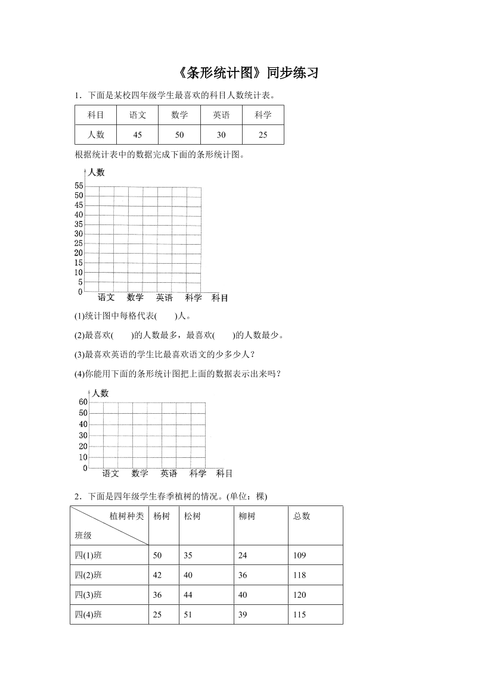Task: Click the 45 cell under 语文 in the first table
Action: [x=138, y=135]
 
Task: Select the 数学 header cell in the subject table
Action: [x=179, y=115]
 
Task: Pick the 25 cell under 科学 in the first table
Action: [x=263, y=135]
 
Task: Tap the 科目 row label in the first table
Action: [x=96, y=115]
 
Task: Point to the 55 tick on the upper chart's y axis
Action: [x=79, y=186]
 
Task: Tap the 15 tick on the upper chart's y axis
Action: [x=79, y=263]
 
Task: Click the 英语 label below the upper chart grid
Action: [x=165, y=298]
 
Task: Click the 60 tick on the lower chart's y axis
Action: [x=83, y=402]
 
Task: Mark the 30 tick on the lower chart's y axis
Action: [x=83, y=435]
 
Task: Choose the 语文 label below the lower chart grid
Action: [x=111, y=473]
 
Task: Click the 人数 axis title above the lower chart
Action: [x=100, y=393]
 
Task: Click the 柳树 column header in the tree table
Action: [x=247, y=516]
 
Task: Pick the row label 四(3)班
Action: [x=88, y=595]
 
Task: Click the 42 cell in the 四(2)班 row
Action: [x=157, y=575]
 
